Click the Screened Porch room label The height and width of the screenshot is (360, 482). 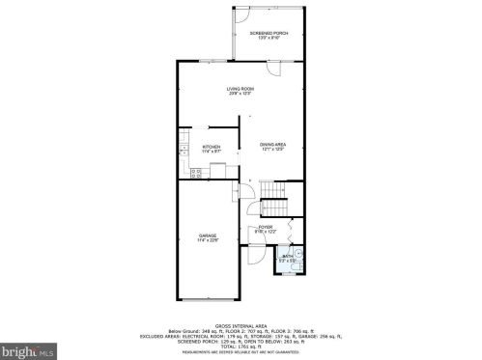[x=269, y=34]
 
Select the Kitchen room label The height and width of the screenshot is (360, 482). [x=211, y=147]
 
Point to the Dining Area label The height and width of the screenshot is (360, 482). [x=273, y=144]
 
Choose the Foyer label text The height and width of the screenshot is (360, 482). [x=265, y=228]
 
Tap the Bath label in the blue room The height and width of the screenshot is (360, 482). [x=287, y=256]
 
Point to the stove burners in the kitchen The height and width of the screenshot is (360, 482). [x=196, y=174]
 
